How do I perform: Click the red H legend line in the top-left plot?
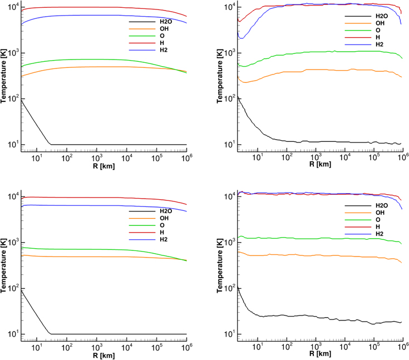point(139,43)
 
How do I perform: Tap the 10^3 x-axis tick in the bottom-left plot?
point(96,346)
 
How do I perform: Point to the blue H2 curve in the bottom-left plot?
point(83,205)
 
